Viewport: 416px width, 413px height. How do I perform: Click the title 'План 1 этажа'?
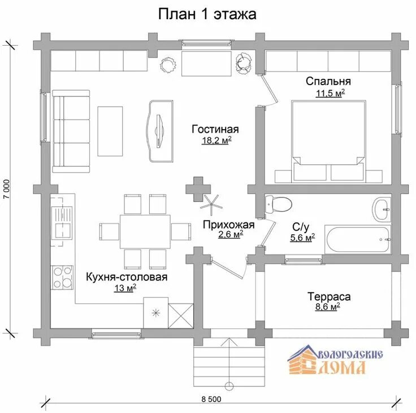pos(207,14)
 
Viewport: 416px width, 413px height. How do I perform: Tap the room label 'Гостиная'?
pos(215,129)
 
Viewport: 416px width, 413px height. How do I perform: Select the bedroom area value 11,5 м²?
pos(330,93)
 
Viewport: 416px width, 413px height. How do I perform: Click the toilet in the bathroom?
pos(278,204)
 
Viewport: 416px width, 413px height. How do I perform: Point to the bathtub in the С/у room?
pos(358,239)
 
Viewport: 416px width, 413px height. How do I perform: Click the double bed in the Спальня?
pos(328,141)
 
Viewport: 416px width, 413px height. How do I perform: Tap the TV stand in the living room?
pos(160,131)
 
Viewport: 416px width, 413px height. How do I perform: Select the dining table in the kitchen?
pos(145,231)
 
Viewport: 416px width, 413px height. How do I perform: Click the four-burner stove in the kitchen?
pos(63,277)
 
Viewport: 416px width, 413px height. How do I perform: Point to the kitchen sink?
pos(62,222)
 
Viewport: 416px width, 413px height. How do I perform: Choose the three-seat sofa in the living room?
pos(71,131)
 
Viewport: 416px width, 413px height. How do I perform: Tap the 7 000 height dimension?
pos(7,189)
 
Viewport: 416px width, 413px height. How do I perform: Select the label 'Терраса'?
pos(329,296)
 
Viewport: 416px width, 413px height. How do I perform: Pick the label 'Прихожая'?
pos(229,225)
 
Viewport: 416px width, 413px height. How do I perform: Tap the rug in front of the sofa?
pos(110,131)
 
